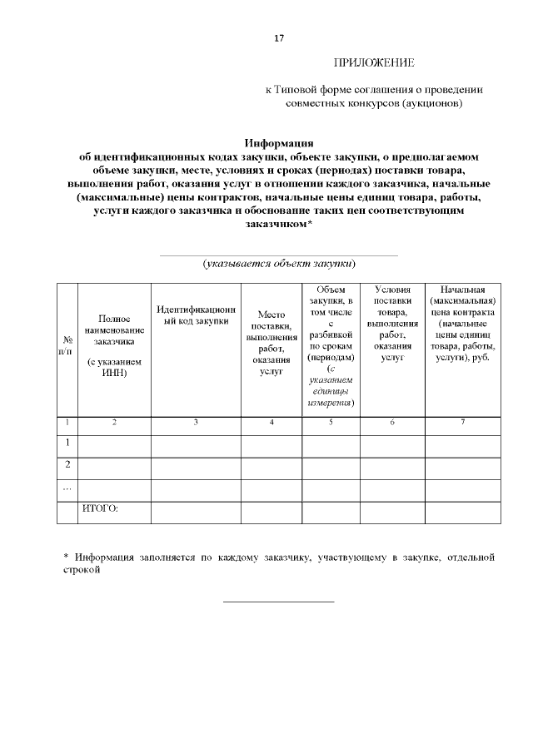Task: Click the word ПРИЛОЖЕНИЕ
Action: (x=374, y=63)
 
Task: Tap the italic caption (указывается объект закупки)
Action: (x=278, y=263)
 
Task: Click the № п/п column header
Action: (x=67, y=346)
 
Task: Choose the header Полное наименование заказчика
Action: (x=114, y=329)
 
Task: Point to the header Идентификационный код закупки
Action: (x=196, y=316)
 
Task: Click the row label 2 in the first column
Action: (x=67, y=463)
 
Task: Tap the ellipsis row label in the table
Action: (x=67, y=486)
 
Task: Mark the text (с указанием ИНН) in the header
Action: (x=114, y=368)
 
